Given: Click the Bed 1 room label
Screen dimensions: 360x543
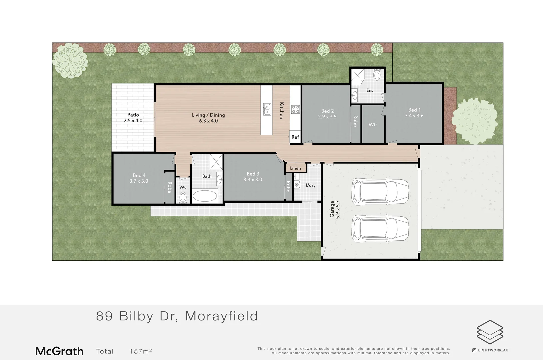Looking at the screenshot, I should [x=414, y=113].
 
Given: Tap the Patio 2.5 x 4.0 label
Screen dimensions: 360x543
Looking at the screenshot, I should [x=133, y=118].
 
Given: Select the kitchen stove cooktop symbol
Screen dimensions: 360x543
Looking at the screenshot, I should [x=295, y=109].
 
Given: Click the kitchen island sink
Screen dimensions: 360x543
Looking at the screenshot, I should [x=267, y=109].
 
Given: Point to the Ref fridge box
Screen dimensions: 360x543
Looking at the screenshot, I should [x=295, y=137].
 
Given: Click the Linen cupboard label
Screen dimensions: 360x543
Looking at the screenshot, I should [x=295, y=168].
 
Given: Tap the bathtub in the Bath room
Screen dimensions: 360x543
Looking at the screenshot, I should [x=205, y=196].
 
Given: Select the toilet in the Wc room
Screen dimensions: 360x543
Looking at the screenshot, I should [x=183, y=198].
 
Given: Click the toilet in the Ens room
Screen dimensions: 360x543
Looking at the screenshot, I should [x=377, y=74].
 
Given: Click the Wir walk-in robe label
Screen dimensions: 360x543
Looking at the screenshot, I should [x=373, y=125].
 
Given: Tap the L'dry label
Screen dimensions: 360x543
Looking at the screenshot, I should [x=310, y=185].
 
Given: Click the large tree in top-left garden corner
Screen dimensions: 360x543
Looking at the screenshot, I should [x=70, y=60].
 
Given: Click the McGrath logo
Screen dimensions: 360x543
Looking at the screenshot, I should [x=59, y=351].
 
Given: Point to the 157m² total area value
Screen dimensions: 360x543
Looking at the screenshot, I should [x=141, y=351].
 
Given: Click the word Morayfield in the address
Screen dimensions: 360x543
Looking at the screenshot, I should [x=222, y=316].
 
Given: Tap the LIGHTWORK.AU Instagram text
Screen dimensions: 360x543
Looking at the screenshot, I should [x=493, y=350].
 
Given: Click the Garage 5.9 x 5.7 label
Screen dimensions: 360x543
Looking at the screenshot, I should [x=335, y=209].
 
